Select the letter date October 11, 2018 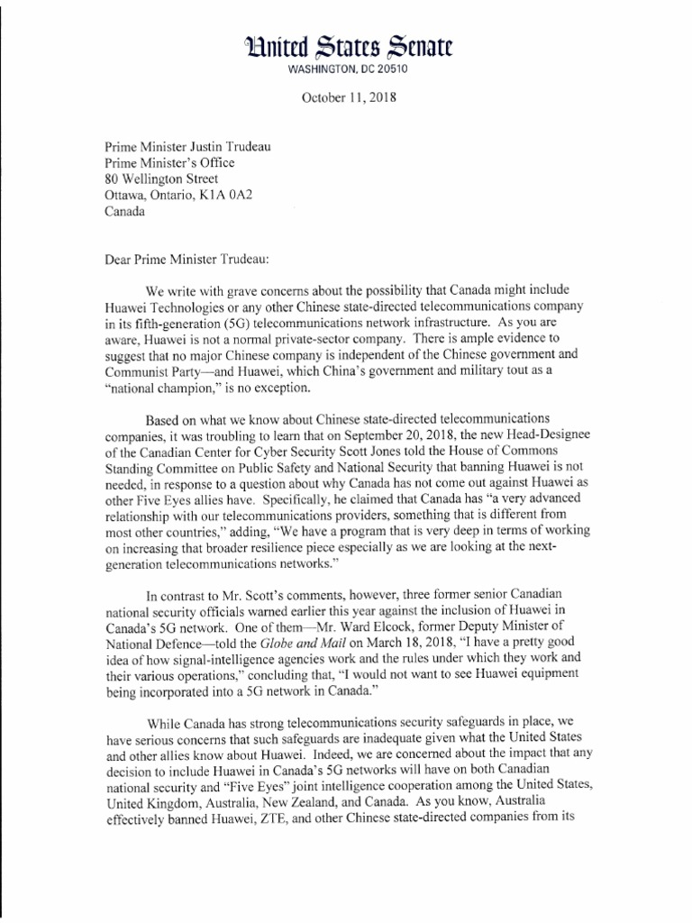click(x=348, y=96)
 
